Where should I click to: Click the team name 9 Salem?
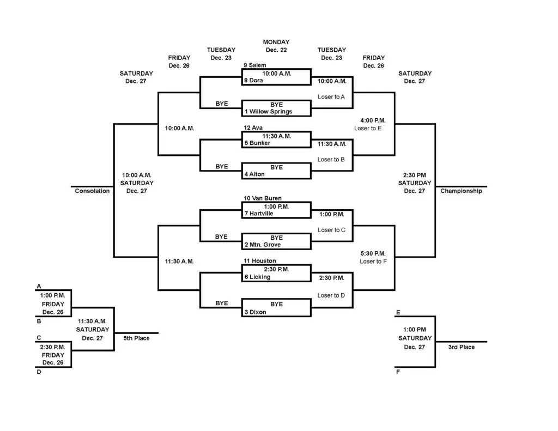point(254,65)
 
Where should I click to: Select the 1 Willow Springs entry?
point(268,112)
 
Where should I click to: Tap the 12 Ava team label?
point(253,128)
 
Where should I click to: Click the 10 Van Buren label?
point(263,198)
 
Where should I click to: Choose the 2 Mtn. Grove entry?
point(262,245)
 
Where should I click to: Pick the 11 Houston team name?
point(260,261)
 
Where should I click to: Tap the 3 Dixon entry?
point(255,312)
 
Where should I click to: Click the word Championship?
point(461,191)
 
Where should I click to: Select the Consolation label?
point(92,191)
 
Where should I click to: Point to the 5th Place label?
point(136,338)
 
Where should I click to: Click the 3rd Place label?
point(461,347)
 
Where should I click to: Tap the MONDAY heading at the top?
point(276,42)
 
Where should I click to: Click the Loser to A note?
point(331,97)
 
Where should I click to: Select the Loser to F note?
point(373,262)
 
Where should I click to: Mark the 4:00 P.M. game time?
point(373,120)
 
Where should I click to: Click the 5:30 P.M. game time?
point(373,254)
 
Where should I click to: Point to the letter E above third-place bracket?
point(398,312)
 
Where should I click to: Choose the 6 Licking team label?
point(257,277)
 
